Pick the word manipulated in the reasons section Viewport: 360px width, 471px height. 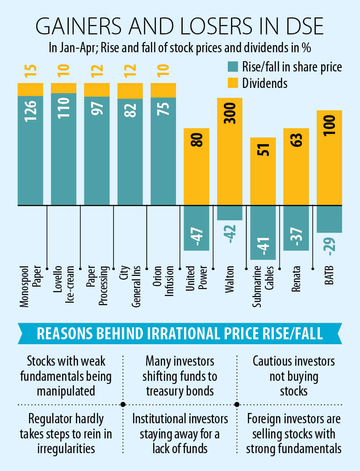point(66,391)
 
